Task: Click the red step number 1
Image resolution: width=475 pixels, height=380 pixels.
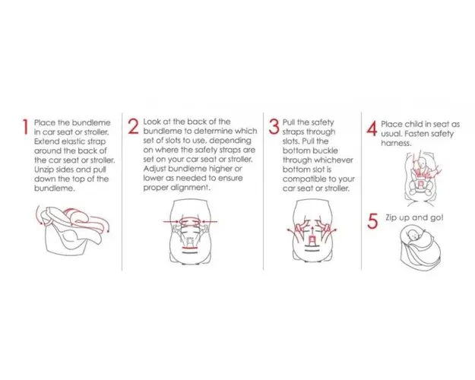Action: pyautogui.click(x=25, y=127)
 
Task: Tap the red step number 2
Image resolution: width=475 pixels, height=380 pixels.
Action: pyautogui.click(x=133, y=126)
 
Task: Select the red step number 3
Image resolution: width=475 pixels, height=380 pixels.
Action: pyautogui.click(x=274, y=127)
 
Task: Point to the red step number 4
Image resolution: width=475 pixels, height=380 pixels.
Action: pyautogui.click(x=372, y=128)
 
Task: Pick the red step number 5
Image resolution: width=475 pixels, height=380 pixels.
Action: pyautogui.click(x=372, y=221)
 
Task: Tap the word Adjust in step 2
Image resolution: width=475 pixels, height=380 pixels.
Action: pyautogui.click(x=154, y=169)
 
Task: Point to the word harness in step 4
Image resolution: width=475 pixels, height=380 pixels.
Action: pyautogui.click(x=396, y=143)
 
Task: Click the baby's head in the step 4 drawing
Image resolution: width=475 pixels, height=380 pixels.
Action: pyautogui.click(x=422, y=163)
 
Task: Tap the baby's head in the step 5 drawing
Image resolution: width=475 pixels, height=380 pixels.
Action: pyautogui.click(x=413, y=234)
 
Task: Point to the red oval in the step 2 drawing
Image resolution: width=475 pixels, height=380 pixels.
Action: pyautogui.click(x=190, y=221)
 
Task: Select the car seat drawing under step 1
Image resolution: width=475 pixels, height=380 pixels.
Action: pyautogui.click(x=73, y=230)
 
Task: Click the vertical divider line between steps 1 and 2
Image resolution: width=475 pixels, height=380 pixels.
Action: pyautogui.click(x=122, y=192)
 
